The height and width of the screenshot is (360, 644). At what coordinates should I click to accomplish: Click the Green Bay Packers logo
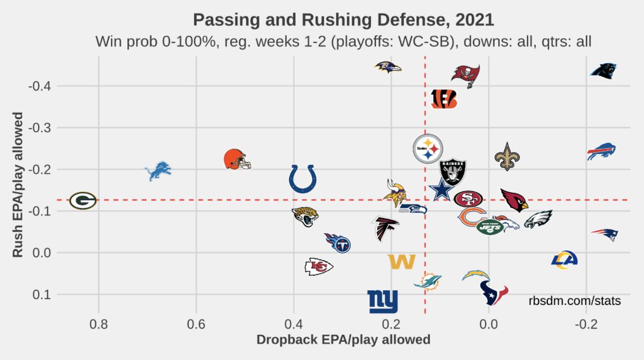(83, 200)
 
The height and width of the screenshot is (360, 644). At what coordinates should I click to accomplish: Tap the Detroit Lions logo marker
(158, 171)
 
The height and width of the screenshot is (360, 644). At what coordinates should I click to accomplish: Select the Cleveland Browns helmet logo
(237, 159)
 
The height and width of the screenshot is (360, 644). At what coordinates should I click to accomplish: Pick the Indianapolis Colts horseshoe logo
(303, 179)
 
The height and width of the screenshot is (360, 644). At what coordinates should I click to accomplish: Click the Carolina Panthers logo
(603, 71)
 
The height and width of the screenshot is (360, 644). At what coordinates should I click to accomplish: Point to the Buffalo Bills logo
(601, 151)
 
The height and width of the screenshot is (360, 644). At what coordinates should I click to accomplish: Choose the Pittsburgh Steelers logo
(428, 149)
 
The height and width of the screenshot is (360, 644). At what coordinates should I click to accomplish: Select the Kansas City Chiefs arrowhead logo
(318, 266)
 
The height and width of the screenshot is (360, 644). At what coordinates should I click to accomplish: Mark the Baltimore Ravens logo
(388, 67)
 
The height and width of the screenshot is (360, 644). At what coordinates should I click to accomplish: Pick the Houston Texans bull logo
(493, 293)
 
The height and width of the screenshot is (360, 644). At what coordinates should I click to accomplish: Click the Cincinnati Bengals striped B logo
(444, 99)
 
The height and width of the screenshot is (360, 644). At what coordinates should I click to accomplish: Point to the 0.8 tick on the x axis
(98, 326)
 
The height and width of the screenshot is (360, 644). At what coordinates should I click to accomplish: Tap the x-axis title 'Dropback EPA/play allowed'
(343, 340)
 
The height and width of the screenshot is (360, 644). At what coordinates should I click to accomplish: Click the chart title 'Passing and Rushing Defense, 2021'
(343, 20)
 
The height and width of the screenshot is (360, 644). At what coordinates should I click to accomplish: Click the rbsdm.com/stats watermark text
(574, 301)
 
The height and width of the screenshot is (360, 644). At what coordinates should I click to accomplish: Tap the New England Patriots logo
(604, 234)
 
